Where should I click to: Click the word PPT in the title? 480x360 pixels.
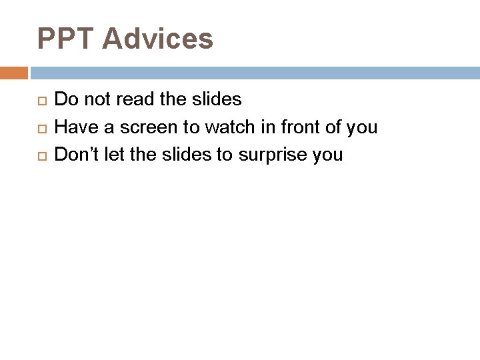pyautogui.click(x=67, y=39)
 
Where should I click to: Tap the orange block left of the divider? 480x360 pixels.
pyautogui.click(x=14, y=73)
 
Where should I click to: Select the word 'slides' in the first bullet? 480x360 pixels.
pyautogui.click(x=217, y=100)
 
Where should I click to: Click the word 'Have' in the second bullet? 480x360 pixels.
pyautogui.click(x=74, y=127)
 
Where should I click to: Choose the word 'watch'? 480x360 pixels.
pyautogui.click(x=227, y=127)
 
